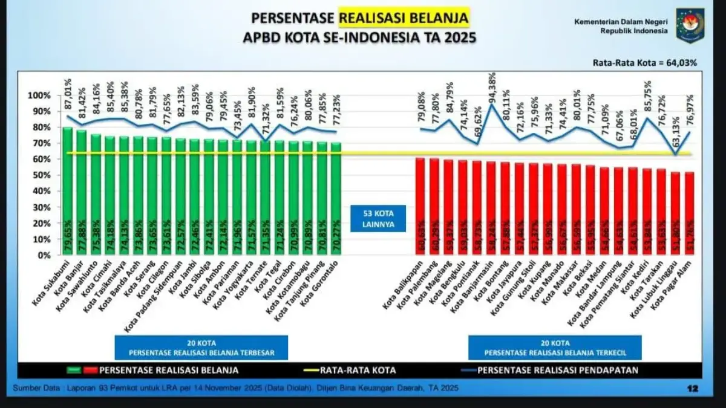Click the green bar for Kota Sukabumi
[x=67, y=190]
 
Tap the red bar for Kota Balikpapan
[x=420, y=206]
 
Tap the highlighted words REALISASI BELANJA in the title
[x=403, y=18]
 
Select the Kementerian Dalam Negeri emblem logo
[x=690, y=25]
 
